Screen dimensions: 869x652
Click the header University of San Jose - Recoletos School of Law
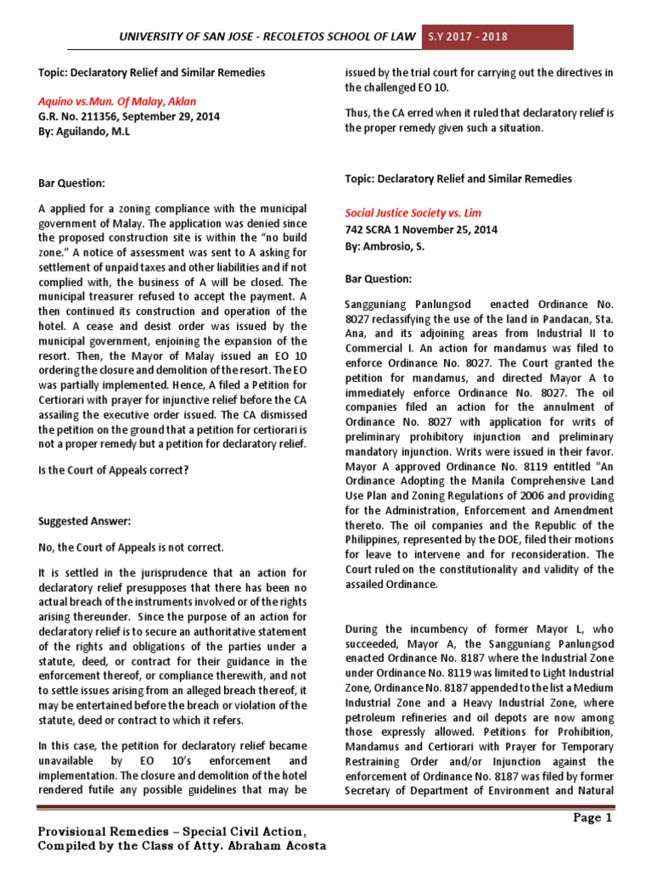pos(268,36)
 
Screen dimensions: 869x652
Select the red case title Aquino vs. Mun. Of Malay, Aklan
pos(117,101)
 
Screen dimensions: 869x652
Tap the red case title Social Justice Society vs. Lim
pos(413,212)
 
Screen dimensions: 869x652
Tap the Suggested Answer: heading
pos(85,520)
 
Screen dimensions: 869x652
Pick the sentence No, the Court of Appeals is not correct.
pos(131,547)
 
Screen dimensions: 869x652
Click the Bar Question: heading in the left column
pos(72,182)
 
